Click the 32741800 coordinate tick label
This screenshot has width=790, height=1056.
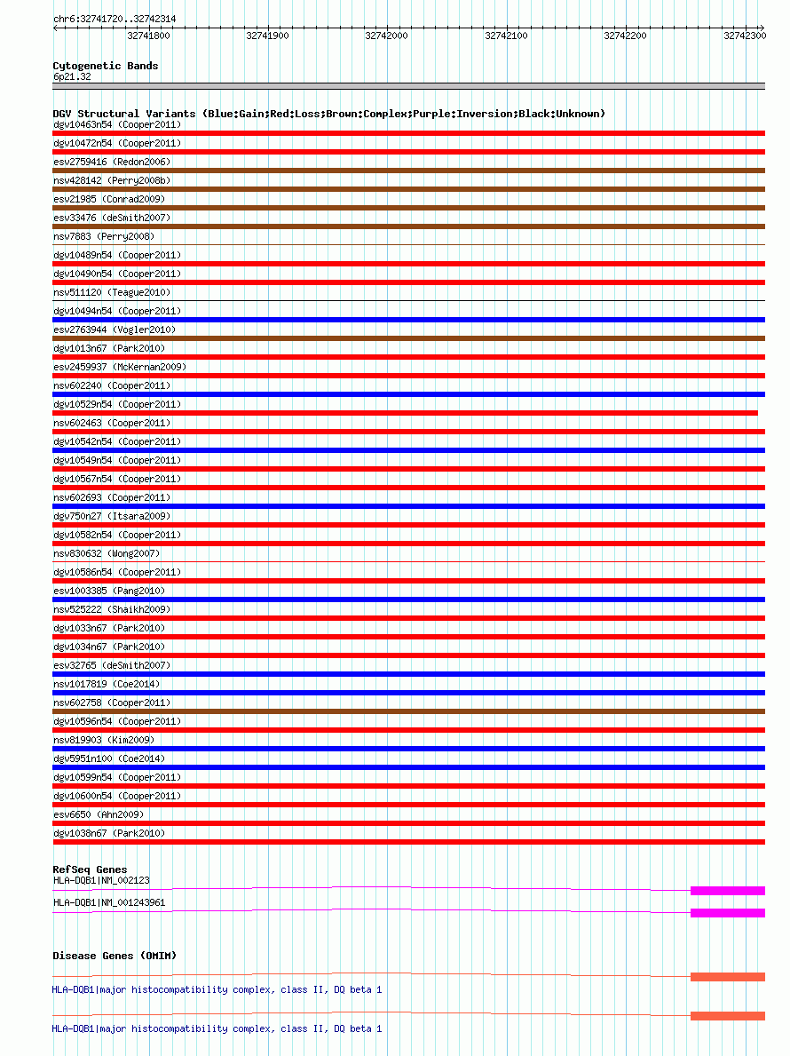tap(148, 36)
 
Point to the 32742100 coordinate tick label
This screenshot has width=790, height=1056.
tap(506, 36)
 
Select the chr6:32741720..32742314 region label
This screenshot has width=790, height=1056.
tap(114, 19)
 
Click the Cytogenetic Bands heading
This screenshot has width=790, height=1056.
tap(106, 66)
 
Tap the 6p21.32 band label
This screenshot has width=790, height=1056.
tap(72, 76)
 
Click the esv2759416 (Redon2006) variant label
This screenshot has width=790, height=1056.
tap(112, 162)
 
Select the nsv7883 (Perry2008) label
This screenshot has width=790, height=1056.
tap(104, 236)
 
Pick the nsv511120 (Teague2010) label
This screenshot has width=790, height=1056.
tap(112, 292)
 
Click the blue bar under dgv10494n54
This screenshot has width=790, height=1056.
tap(408, 320)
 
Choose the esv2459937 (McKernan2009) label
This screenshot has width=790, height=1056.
tap(120, 367)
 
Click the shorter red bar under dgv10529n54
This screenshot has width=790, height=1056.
tap(405, 413)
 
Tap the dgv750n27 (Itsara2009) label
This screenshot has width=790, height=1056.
tap(112, 516)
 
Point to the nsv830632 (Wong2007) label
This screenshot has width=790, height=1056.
tap(107, 553)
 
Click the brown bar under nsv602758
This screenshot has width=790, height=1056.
tap(408, 711)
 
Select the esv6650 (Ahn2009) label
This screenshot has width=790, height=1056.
tap(99, 814)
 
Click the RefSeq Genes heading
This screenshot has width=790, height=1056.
tap(90, 869)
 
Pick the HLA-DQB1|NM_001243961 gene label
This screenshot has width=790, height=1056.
tap(109, 902)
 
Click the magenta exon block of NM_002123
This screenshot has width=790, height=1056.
tap(727, 890)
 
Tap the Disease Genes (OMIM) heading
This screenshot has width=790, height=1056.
tap(115, 956)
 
